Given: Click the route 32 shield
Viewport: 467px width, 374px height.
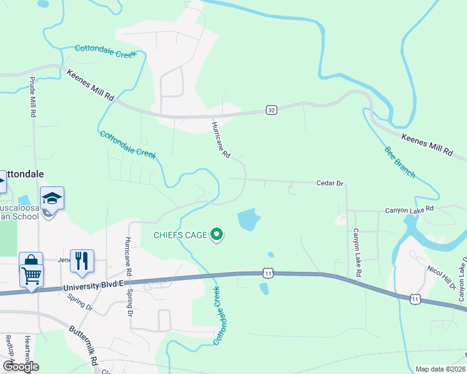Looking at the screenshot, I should click(x=270, y=110).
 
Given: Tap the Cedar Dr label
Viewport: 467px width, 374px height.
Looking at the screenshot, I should click(x=330, y=183).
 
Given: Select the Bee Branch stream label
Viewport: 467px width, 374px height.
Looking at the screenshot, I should click(x=399, y=162).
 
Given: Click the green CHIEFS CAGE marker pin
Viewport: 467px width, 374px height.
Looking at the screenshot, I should click(x=217, y=234).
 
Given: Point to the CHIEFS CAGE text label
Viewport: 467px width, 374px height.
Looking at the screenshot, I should click(x=181, y=235).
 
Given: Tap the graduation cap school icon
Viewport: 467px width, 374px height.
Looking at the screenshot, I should click(x=53, y=199).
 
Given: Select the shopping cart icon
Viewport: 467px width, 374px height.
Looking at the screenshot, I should click(x=32, y=274).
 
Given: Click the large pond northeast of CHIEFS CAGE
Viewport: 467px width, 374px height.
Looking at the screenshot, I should click(x=249, y=219).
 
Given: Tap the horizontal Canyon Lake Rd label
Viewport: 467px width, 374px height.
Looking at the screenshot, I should click(x=409, y=209).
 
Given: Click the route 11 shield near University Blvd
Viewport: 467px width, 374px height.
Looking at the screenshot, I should click(x=268, y=273).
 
